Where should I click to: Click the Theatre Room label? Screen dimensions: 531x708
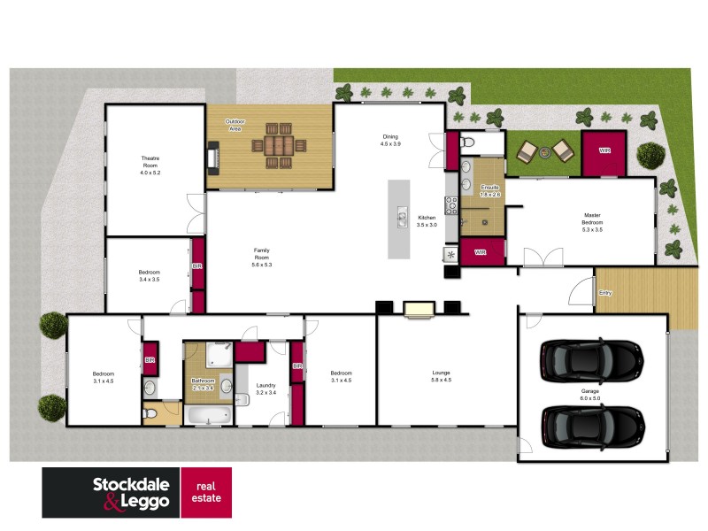(149, 165)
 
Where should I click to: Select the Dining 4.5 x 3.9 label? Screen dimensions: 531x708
(390, 140)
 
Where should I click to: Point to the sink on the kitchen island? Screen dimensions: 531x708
(401, 217)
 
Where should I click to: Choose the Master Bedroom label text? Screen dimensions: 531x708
(592, 220)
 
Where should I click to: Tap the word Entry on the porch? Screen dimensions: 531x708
(605, 293)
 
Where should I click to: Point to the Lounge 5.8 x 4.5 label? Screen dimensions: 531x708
(441, 376)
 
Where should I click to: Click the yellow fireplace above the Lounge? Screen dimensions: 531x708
(419, 308)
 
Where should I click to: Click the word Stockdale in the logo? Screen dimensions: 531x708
(135, 485)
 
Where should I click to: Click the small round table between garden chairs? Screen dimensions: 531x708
(544, 152)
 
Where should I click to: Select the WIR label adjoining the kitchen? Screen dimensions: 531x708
(481, 252)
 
